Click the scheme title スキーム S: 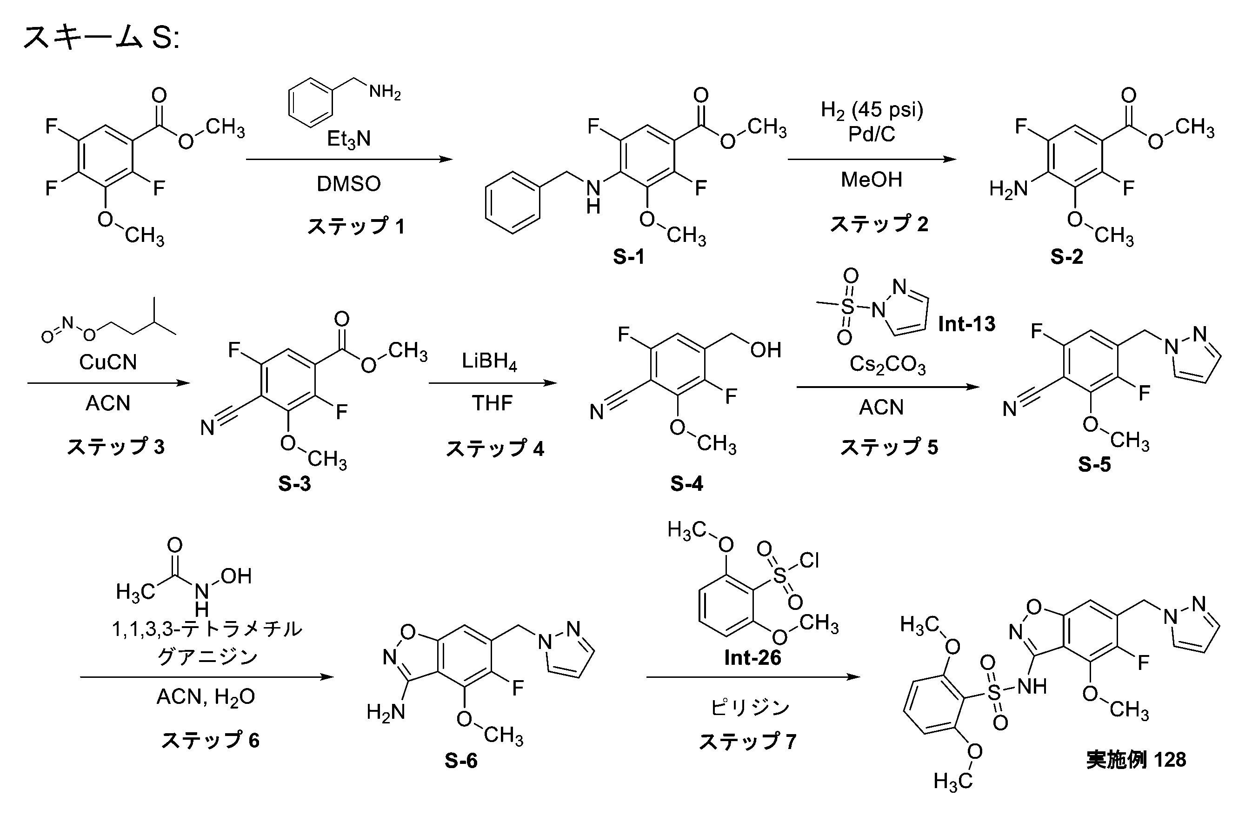pos(101,38)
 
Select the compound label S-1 pos(629,256)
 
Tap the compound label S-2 pos(1066,256)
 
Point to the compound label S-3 pos(294,484)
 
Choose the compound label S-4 pos(687,484)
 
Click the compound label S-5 pos(1094,464)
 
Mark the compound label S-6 pos(461,761)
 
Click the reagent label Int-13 pos(967,324)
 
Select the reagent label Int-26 pos(753,657)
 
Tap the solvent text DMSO pos(349,184)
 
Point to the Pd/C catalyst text pos(872,134)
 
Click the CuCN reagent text pos(108,362)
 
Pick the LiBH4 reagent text pos(490,361)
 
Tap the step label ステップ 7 pos(747,741)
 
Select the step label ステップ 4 pos(495,448)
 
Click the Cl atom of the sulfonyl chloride pos(809,561)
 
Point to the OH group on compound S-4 pos(766,350)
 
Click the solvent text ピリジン pos(750,708)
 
